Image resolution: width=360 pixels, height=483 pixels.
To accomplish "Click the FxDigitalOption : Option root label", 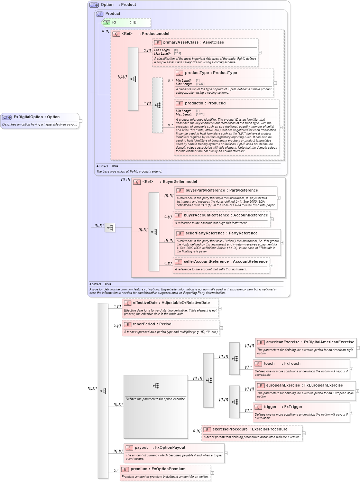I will [x=36, y=117].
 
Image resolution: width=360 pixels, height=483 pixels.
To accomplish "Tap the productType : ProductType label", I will [x=211, y=73].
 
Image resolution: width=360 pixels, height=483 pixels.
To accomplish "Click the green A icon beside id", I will [x=107, y=23].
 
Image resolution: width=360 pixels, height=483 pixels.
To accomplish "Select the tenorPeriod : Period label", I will [x=152, y=324].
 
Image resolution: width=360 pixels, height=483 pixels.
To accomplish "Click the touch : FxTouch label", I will [x=282, y=364].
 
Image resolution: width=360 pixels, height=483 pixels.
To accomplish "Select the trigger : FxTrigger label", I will [x=283, y=407].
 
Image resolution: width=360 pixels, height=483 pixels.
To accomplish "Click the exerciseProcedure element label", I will [x=250, y=429].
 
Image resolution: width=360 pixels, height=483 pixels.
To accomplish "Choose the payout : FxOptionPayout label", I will [x=160, y=448].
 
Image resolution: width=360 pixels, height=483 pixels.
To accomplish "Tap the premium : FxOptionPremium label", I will [x=158, y=469].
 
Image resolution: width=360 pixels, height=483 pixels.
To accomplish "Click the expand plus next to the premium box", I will [x=212, y=473].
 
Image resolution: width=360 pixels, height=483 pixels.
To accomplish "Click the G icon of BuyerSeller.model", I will [x=137, y=182].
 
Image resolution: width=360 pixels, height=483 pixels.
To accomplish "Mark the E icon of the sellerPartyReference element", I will [x=180, y=234].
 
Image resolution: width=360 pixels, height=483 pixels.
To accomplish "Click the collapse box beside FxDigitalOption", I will [x=81, y=121].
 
